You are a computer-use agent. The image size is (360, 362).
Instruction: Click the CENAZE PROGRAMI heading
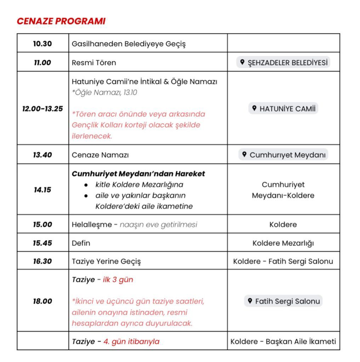coord(61,21)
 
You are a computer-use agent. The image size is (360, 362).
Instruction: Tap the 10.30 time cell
coord(42,43)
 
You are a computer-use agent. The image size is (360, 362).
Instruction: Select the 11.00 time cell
coord(42,63)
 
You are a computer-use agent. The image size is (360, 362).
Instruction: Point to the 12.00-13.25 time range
coord(42,109)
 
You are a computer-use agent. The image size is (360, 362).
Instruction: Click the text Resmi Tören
coord(94,63)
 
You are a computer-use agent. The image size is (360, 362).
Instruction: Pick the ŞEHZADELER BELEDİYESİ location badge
coord(283,63)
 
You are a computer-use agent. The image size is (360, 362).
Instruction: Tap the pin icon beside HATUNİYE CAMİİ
coord(254,108)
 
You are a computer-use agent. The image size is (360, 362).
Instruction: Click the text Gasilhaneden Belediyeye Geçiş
coord(128,44)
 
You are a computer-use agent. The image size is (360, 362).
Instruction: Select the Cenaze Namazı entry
coord(100,155)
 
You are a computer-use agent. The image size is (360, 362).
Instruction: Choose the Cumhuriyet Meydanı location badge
coord(283,155)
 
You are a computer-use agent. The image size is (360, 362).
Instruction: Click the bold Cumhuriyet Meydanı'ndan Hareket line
coord(138,174)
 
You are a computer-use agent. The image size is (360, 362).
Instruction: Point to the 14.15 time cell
coord(42,189)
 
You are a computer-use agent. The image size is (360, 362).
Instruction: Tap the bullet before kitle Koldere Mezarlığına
coord(86,185)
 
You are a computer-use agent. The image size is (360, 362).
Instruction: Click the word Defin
coord(81,243)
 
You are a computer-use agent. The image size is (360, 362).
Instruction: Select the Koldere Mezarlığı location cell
coord(283,243)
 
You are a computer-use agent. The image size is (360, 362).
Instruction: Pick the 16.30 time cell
coord(42,261)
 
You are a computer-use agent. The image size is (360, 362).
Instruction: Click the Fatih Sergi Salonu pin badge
coord(283,301)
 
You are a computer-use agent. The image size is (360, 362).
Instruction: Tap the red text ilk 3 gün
coord(118,280)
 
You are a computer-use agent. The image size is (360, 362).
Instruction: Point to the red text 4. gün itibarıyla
coord(131,341)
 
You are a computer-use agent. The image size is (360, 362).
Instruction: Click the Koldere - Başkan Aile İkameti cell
coord(283,341)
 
